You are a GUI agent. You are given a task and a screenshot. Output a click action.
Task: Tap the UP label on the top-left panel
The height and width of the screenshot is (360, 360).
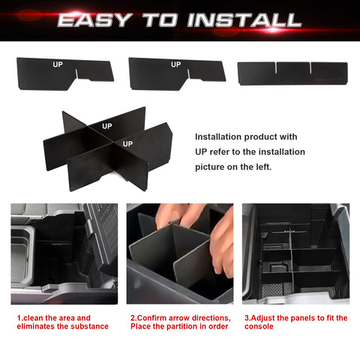(58, 64)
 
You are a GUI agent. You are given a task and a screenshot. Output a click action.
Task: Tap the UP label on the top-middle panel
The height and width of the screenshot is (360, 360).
(175, 64)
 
